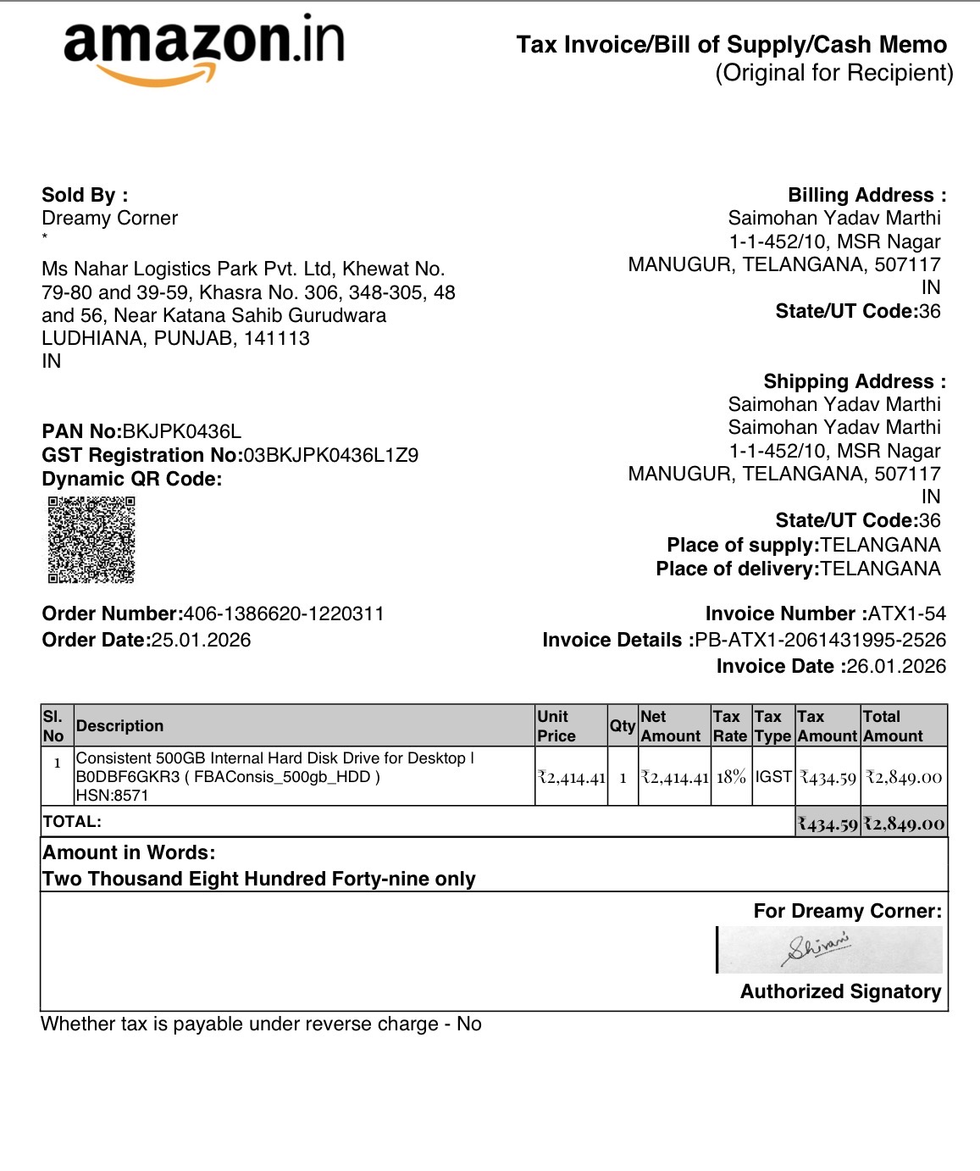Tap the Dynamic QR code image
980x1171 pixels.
click(x=91, y=540)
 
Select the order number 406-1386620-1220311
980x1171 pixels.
click(x=284, y=613)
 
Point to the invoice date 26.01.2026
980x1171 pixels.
click(x=896, y=666)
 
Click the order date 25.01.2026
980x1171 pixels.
click(x=201, y=640)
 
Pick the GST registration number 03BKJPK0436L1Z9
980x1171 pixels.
click(x=331, y=455)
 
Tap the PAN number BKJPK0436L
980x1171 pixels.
click(x=182, y=431)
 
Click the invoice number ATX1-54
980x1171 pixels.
click(x=907, y=613)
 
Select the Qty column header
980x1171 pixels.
click(x=623, y=725)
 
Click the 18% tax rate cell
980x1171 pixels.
click(x=731, y=776)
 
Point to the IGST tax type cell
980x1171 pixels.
click(x=773, y=776)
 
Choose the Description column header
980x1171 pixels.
click(x=119, y=725)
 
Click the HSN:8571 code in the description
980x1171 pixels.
click(x=112, y=795)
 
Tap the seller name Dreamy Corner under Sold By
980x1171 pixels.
click(x=110, y=219)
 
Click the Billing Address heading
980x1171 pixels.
click(x=866, y=195)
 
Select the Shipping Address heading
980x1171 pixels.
click(x=855, y=381)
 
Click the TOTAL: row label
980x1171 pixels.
click(x=72, y=821)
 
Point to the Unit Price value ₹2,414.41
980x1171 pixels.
click(x=572, y=777)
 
